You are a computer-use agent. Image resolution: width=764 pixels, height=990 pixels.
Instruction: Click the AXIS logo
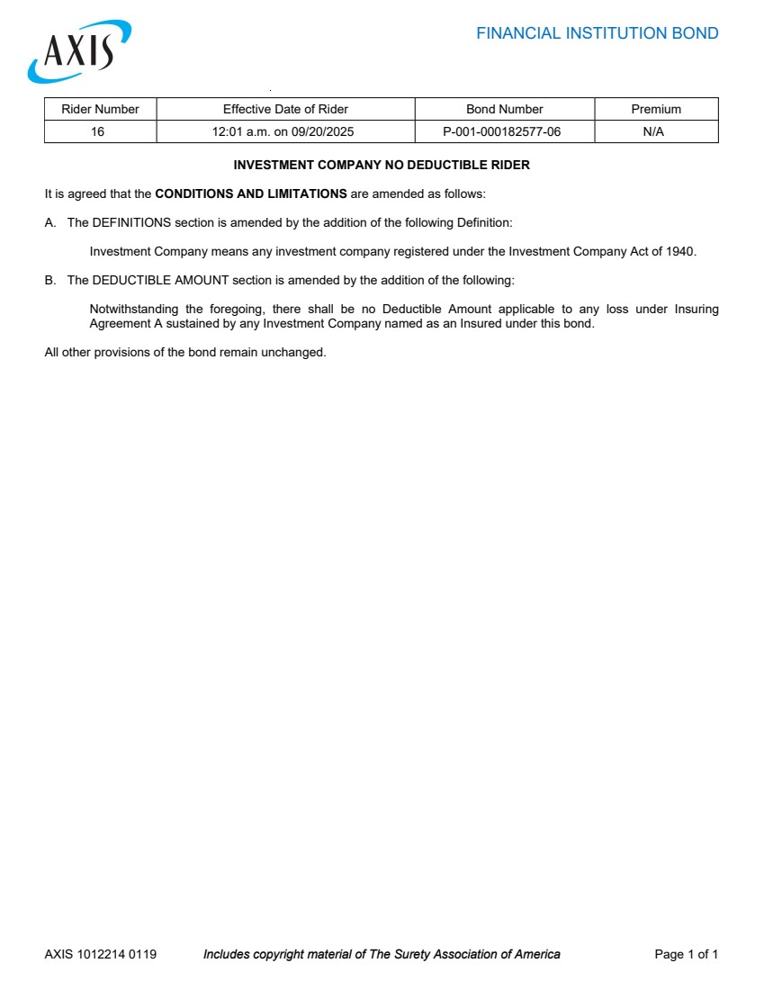(x=79, y=52)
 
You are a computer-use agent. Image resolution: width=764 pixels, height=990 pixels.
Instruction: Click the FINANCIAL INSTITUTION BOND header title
(x=597, y=34)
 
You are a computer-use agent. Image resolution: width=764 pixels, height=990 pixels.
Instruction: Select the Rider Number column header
(x=100, y=109)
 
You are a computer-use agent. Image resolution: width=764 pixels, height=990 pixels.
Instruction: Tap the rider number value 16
(x=97, y=131)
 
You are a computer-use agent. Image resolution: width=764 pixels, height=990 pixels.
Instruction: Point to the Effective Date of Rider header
(x=285, y=109)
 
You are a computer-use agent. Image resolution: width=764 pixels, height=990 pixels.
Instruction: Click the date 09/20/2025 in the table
(x=322, y=131)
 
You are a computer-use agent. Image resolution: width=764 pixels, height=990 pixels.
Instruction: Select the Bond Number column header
(x=504, y=109)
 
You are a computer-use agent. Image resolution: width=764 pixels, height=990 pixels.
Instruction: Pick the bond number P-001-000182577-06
(x=501, y=131)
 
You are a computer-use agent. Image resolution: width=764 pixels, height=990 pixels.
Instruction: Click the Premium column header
(x=656, y=109)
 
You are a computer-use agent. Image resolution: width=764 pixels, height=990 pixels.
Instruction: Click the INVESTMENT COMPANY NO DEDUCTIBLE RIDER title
(x=382, y=166)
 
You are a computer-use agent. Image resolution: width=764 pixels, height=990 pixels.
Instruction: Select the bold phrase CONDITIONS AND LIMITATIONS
(x=251, y=193)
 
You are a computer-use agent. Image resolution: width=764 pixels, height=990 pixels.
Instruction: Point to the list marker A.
(x=50, y=222)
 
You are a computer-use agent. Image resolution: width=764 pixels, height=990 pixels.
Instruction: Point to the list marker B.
(x=50, y=280)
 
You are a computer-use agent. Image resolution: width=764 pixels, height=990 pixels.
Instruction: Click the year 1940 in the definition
(x=680, y=251)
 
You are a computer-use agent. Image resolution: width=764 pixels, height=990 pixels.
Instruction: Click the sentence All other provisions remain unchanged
(x=185, y=352)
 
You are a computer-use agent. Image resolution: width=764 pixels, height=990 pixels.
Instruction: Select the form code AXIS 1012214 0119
(x=100, y=954)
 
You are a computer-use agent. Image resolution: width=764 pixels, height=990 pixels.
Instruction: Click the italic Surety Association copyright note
(x=382, y=954)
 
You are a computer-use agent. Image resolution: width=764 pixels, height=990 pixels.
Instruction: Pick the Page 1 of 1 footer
(x=686, y=954)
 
